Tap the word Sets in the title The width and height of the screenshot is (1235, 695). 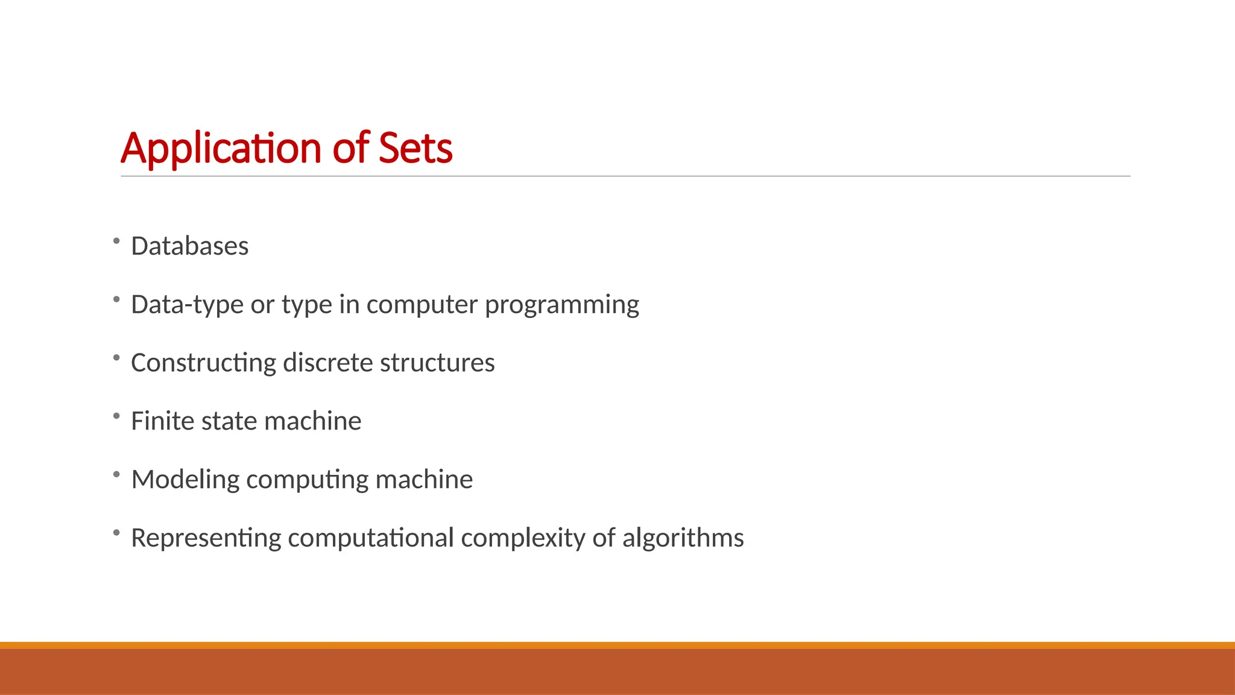(415, 148)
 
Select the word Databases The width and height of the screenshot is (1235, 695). (189, 246)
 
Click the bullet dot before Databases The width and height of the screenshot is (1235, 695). (116, 241)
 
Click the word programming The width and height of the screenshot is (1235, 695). (561, 305)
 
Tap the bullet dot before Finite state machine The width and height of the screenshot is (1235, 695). (116, 416)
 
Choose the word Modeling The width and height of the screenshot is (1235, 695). (185, 480)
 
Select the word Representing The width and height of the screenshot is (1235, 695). (206, 538)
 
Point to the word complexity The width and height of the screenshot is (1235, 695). (522, 538)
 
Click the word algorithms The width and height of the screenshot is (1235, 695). (683, 538)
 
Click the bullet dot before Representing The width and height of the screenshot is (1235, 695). (116, 533)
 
